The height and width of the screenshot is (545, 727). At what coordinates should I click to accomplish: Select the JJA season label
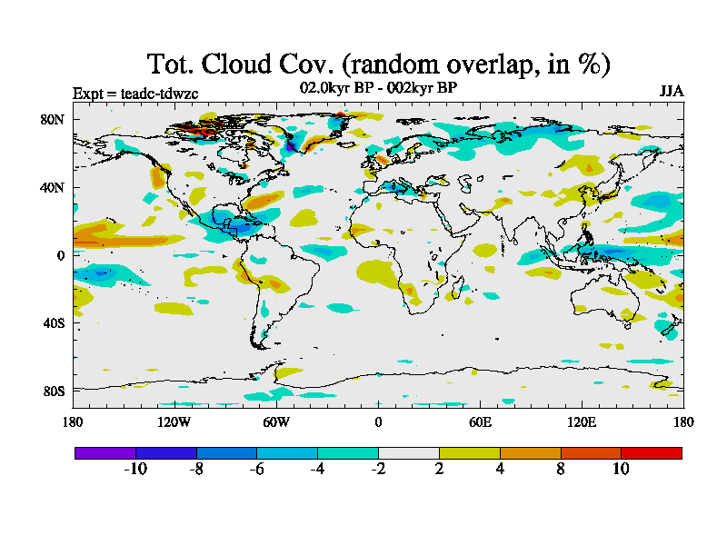pyautogui.click(x=672, y=92)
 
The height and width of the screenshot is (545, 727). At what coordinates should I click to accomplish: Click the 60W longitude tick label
pyautogui.click(x=275, y=421)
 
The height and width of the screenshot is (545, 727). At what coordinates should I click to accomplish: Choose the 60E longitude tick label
pyautogui.click(x=480, y=421)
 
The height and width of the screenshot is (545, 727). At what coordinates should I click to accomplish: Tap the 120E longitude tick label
pyautogui.click(x=582, y=421)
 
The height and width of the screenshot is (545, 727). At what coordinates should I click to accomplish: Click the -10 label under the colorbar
pyautogui.click(x=134, y=469)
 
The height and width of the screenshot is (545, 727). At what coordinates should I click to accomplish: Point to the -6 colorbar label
pyautogui.click(x=256, y=469)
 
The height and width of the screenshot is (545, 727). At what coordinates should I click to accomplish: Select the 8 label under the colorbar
pyautogui.click(x=561, y=469)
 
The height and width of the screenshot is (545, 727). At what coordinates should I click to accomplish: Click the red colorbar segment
pyautogui.click(x=651, y=452)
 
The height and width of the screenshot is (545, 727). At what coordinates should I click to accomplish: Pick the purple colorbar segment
pyautogui.click(x=105, y=452)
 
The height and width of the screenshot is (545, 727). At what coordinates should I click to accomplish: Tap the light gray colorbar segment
pyautogui.click(x=408, y=452)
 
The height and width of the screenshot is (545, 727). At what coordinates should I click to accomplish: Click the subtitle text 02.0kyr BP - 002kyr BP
pyautogui.click(x=377, y=87)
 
